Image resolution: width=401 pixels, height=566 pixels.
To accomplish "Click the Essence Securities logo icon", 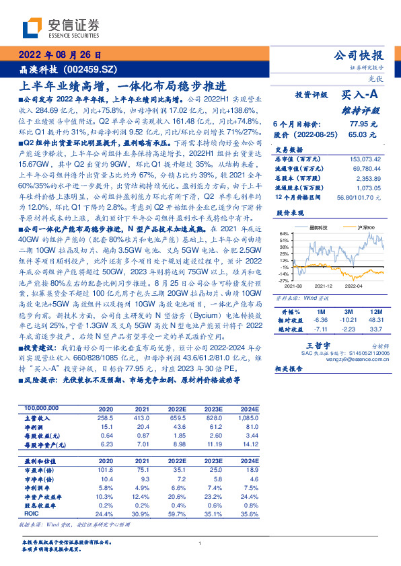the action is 32,29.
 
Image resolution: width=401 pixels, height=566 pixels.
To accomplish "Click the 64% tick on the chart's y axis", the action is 285,233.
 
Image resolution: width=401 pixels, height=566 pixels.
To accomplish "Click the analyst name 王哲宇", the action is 305,343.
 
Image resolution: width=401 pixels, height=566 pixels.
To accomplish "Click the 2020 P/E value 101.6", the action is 105,470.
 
